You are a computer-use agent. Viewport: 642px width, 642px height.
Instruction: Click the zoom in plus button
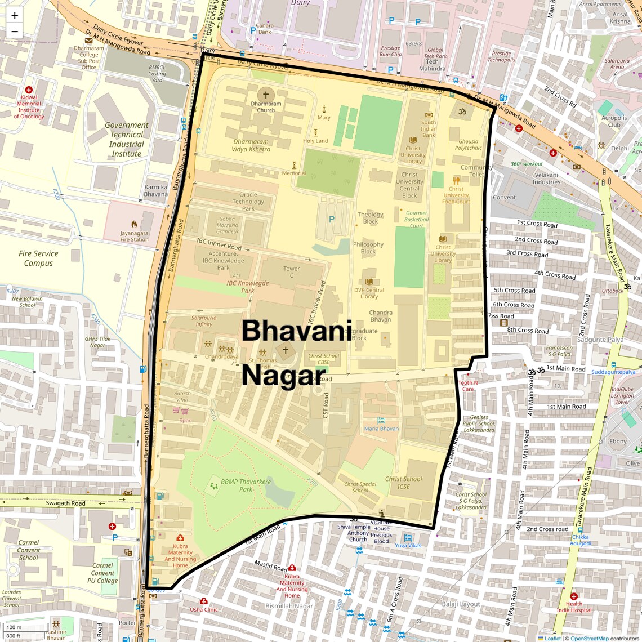tap(15, 15)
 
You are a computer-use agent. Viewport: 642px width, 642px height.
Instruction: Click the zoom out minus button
tap(15, 32)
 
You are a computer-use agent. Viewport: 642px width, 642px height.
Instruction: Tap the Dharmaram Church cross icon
tap(266, 95)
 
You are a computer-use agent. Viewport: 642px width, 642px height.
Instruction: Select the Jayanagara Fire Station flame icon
tap(134, 224)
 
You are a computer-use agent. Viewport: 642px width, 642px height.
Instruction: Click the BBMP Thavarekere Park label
tap(246, 485)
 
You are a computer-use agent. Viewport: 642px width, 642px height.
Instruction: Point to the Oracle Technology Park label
tap(248, 202)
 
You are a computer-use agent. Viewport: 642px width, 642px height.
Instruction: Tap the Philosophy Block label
tap(368, 248)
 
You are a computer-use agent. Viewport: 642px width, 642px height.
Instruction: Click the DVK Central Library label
tap(369, 293)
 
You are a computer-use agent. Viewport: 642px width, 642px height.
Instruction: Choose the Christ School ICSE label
tap(403, 483)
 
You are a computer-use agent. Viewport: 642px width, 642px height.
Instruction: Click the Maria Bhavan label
tap(381, 429)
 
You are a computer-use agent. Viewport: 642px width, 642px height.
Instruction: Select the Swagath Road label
tap(65, 503)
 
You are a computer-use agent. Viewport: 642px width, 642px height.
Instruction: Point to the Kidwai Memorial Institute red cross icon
tap(29, 90)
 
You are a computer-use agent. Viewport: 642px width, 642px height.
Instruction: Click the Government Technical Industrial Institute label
tap(127, 139)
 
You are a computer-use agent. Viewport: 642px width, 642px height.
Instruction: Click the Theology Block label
tap(371, 218)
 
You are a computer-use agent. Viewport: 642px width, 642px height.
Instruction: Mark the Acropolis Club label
tap(614, 122)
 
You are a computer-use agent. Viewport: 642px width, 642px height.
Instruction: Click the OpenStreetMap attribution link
tap(589, 639)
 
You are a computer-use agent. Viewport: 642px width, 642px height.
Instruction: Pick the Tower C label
tap(292, 272)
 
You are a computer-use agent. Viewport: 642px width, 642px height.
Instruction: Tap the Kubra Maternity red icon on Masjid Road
tap(292, 568)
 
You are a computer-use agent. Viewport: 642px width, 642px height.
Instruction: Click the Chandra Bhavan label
tap(381, 316)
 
